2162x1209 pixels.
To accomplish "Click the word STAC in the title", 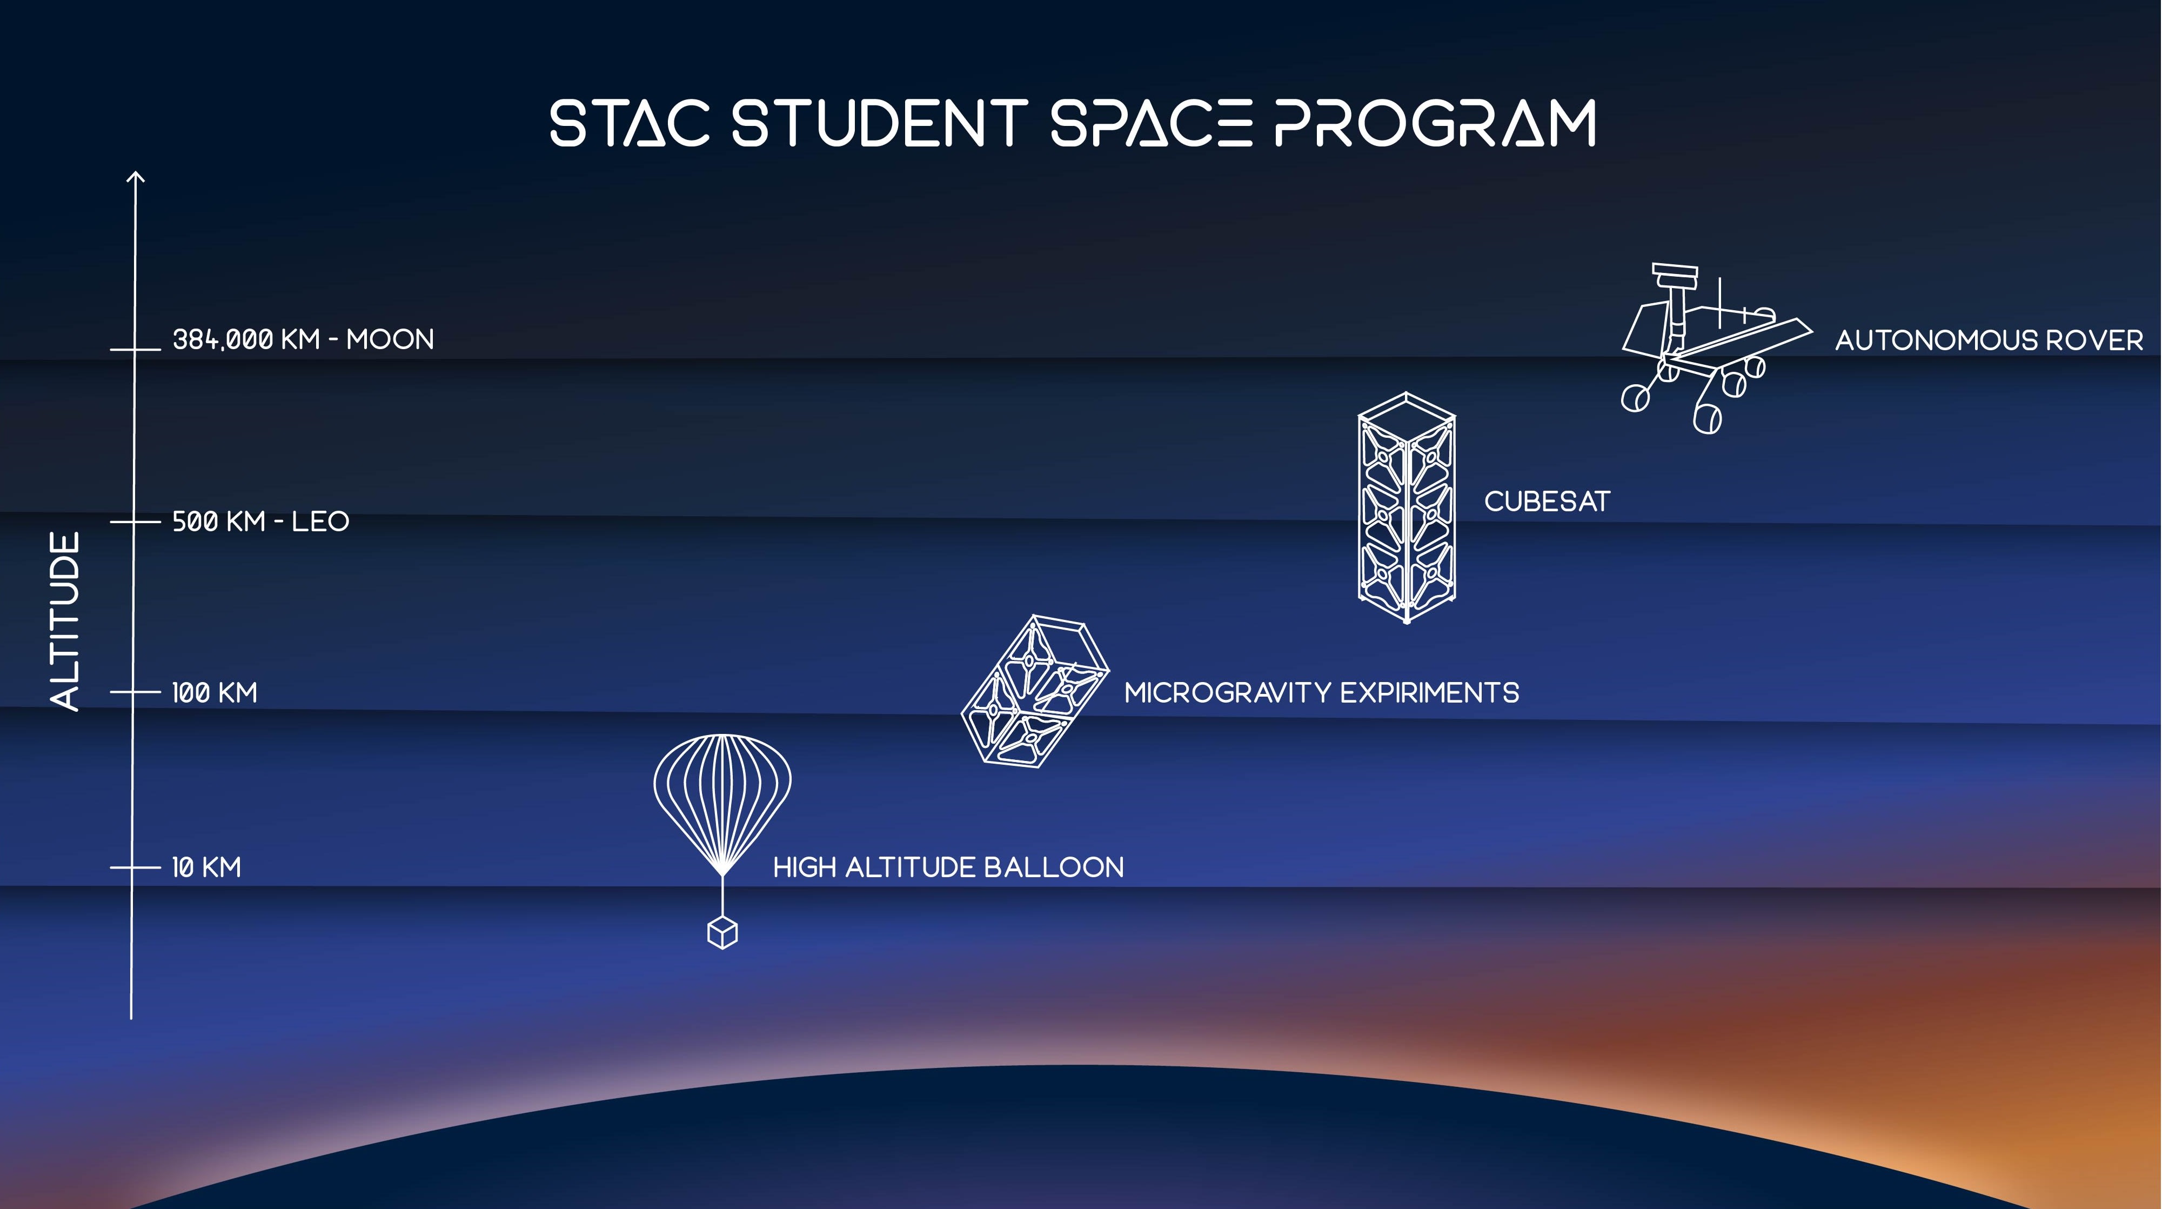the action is (x=630, y=123).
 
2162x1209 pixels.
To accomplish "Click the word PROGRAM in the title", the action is (x=1435, y=123).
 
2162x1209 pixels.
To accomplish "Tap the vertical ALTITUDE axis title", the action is (x=65, y=622).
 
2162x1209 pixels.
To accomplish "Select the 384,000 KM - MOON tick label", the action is (x=303, y=340).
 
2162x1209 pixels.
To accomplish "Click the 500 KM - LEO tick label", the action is (x=260, y=522).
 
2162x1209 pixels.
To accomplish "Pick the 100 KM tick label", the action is (x=215, y=693).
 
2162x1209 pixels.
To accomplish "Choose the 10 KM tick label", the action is (x=206, y=867).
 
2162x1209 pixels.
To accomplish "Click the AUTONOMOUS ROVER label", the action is (x=1989, y=340).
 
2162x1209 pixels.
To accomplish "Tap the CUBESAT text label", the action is (x=1547, y=501).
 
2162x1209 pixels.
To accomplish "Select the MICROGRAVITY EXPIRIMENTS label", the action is (x=1322, y=693).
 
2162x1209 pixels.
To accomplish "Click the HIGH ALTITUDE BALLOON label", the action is (x=948, y=867).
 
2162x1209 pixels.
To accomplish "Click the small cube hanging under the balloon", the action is (x=722, y=933).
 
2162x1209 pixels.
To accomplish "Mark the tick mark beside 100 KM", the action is (x=135, y=693).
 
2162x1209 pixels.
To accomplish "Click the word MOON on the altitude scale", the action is (x=390, y=340).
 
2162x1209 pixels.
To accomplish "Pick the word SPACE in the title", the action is (x=1152, y=123).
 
